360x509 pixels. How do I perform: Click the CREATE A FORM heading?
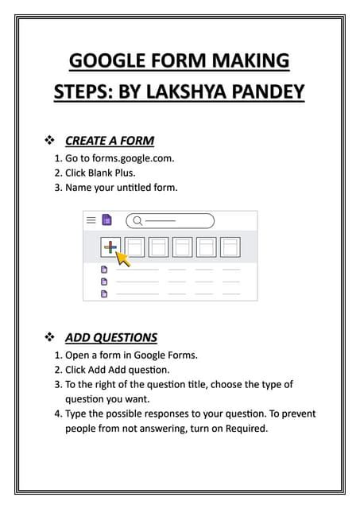(110, 141)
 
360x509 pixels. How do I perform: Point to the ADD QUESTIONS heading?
(111, 337)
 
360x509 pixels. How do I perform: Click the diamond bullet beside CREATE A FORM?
(49, 141)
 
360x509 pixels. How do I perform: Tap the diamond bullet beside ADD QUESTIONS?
(49, 337)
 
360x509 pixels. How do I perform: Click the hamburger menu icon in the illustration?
(91, 220)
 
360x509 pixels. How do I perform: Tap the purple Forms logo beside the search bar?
(106, 220)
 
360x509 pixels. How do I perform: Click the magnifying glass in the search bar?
(137, 220)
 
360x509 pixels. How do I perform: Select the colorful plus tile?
(110, 247)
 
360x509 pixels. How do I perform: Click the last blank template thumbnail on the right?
(230, 247)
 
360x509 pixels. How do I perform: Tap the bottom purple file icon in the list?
(103, 293)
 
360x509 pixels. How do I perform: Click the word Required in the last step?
(242, 428)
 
